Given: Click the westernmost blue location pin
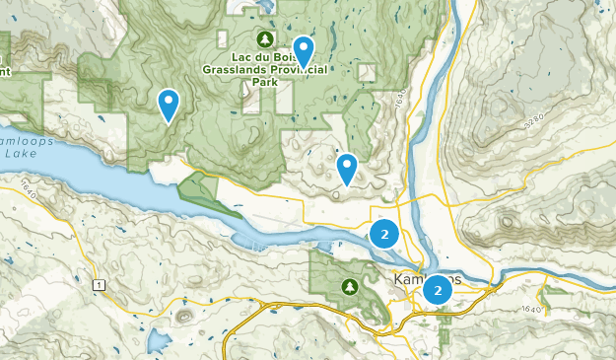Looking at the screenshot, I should click(170, 103).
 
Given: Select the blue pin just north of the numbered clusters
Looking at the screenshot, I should click(346, 168).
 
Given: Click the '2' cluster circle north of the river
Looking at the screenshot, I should click(384, 235).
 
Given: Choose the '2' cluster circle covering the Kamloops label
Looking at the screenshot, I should click(437, 290).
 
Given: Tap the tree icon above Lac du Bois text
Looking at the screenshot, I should click(263, 39).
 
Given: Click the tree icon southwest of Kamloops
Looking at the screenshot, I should click(349, 287).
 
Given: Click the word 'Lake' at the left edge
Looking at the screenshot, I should click(18, 155).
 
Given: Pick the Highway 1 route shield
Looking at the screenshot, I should click(99, 285).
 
